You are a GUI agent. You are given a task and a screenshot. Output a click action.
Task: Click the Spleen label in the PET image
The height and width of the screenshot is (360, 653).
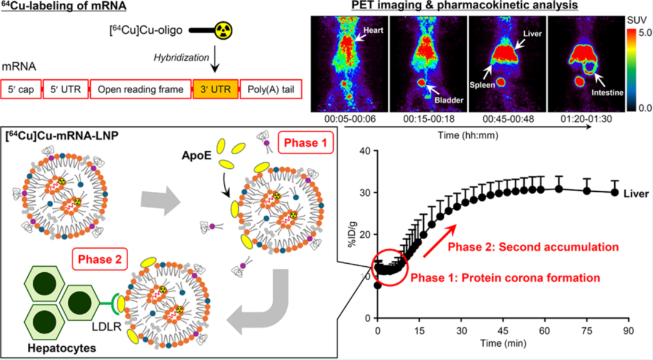[x=483, y=85]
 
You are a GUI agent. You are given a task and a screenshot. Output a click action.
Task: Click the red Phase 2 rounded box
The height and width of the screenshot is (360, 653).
[x=97, y=260]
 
